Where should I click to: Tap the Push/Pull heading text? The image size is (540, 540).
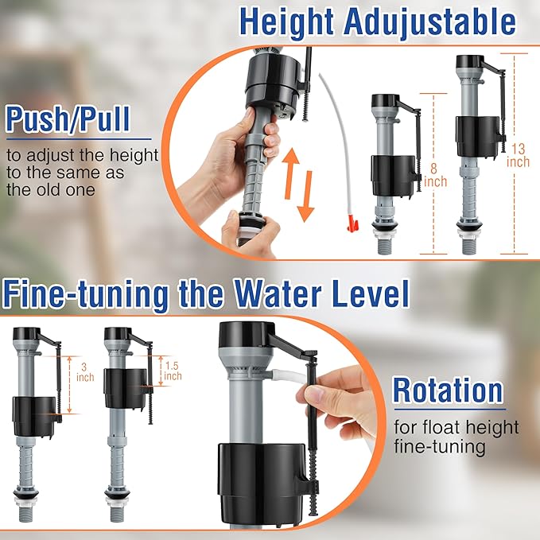coord(67,119)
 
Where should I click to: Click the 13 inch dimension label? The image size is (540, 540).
coord(518,155)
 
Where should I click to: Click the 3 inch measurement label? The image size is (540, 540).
coord(86,370)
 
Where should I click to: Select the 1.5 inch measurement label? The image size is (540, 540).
coord(171,370)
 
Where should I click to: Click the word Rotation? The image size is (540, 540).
coord(448,390)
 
